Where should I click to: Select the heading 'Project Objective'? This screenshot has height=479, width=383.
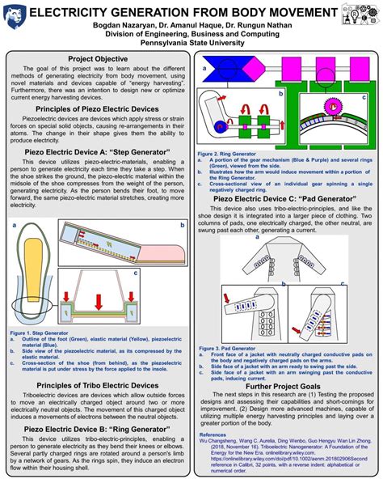tap(97, 60)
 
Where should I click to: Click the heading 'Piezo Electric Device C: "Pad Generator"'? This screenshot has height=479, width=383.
tap(283, 197)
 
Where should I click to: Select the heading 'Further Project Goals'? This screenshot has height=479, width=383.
tap(283, 387)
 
